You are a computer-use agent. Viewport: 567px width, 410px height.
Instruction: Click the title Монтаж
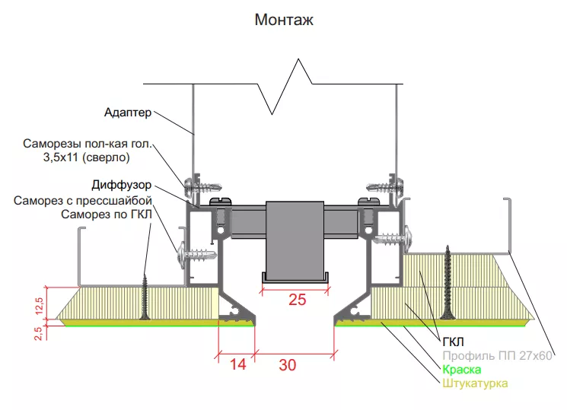click(284, 20)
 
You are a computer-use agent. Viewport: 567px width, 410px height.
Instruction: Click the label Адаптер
click(128, 113)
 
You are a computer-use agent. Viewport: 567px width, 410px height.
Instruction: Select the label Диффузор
click(122, 185)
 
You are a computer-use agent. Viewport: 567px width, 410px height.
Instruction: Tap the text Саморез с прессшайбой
click(83, 200)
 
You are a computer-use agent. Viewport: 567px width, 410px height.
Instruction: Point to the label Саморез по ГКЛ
click(107, 215)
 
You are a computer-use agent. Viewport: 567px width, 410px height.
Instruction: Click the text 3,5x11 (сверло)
click(87, 157)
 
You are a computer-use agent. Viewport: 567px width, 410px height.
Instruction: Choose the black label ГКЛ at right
click(453, 342)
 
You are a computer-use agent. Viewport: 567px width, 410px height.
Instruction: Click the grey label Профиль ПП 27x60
click(497, 356)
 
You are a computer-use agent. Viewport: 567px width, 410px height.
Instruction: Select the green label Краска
click(462, 370)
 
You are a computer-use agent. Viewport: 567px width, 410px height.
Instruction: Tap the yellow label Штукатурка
click(475, 383)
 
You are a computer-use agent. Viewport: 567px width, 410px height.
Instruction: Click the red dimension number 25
click(298, 300)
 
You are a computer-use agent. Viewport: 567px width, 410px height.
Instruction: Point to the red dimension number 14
click(238, 364)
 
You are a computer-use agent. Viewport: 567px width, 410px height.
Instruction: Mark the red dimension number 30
click(288, 365)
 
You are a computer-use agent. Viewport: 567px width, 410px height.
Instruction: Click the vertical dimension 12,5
click(39, 306)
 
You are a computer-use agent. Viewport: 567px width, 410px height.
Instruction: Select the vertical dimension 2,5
click(38, 333)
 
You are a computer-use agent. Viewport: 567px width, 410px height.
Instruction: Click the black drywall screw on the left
click(145, 297)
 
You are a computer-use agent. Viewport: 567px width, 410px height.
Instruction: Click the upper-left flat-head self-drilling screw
click(202, 187)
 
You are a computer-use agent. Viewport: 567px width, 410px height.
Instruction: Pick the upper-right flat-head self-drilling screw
click(385, 187)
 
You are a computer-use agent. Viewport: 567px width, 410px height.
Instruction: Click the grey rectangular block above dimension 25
click(295, 240)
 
